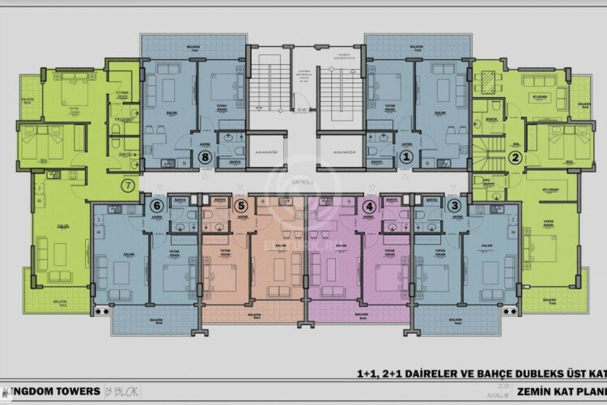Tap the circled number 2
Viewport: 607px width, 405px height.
pos(513,160)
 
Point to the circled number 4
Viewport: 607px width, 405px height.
pos(371,206)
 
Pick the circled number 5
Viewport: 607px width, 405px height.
pos(240,206)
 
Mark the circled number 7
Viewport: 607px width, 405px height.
pos(127,185)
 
